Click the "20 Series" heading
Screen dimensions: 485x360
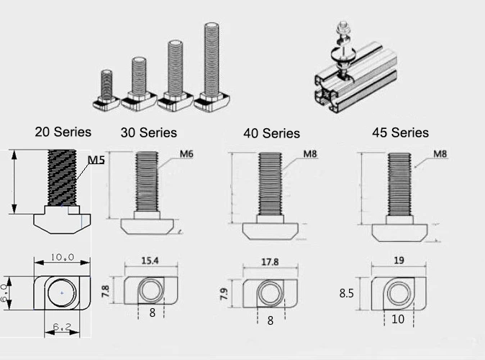[63, 132]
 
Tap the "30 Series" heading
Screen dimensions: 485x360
[149, 132]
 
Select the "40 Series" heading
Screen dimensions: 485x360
[271, 133]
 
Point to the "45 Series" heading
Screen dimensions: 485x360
[401, 132]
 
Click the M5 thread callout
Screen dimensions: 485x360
[96, 160]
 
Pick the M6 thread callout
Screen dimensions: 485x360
[186, 154]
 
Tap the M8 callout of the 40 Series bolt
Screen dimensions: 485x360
[310, 154]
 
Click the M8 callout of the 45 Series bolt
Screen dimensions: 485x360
[440, 154]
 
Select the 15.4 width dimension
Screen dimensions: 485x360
[150, 261]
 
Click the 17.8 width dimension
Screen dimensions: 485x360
[270, 262]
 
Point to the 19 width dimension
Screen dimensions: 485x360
[399, 261]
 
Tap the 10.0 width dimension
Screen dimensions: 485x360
[62, 257]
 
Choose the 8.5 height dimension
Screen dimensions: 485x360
[346, 293]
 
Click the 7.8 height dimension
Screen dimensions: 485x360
[105, 292]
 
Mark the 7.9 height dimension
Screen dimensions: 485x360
[224, 294]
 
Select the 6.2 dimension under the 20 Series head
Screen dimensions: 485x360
[62, 327]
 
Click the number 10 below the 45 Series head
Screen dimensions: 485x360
[398, 319]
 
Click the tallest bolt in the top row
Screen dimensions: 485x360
[212, 66]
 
